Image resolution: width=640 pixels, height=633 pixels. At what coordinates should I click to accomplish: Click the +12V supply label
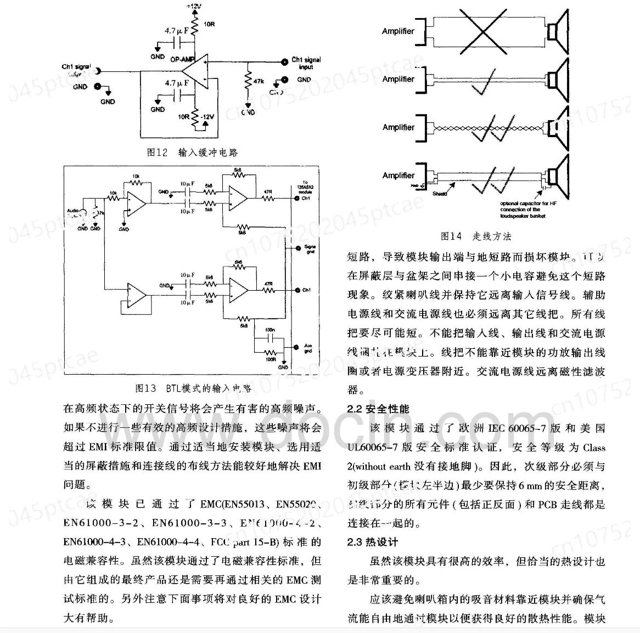pos(193,6)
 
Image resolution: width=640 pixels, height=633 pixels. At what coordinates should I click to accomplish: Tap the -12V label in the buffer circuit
pos(208,117)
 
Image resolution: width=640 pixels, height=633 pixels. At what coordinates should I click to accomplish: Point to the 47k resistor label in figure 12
pos(258,81)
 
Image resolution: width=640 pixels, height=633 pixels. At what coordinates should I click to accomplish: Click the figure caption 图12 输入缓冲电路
pos(192,152)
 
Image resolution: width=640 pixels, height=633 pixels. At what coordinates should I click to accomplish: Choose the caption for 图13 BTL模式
pos(193,388)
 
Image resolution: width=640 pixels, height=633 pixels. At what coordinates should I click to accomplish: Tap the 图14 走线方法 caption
pos(475,236)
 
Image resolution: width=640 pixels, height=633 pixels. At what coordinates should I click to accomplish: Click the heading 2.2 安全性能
pos(378,409)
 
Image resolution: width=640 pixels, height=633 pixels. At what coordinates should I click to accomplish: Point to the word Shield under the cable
pos(440,194)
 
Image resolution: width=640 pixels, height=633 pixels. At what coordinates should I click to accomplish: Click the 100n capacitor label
pos(269,330)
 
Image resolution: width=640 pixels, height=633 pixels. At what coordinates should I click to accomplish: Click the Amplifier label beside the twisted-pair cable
pos(398,127)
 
